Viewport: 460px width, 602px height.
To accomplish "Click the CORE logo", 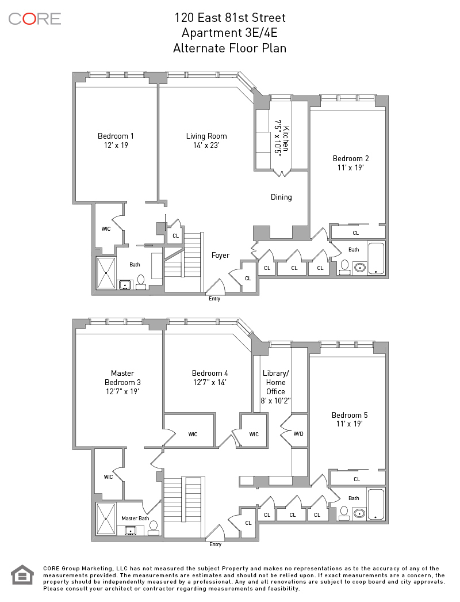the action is point(34,19).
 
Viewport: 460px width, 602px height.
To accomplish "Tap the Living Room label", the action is point(206,136).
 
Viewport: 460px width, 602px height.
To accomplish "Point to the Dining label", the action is point(281,197).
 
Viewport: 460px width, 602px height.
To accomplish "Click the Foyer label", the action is point(221,256).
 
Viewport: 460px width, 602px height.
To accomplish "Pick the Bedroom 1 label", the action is point(116,136).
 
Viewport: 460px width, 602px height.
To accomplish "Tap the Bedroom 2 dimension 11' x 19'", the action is point(351,168).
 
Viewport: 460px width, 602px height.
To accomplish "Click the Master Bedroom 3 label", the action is point(123,378).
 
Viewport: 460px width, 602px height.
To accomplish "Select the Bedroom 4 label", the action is point(210,373).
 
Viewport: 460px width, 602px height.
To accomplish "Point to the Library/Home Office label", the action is point(276,382).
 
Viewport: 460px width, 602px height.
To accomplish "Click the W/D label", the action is point(298,434).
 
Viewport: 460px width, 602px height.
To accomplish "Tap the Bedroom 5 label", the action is point(350,415).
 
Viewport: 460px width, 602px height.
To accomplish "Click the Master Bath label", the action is point(136,519).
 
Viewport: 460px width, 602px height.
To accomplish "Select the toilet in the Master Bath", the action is point(154,528).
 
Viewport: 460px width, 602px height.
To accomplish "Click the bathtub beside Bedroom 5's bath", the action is point(375,504).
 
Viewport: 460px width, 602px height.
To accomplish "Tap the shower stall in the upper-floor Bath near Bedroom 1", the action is point(106,273).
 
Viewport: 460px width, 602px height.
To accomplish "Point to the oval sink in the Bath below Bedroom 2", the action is point(360,267).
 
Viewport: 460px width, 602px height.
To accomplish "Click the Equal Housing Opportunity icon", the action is point(22,575).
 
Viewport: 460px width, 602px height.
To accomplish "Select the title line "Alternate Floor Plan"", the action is point(230,48).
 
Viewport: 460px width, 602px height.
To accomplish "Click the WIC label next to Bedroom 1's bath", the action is point(106,229).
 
